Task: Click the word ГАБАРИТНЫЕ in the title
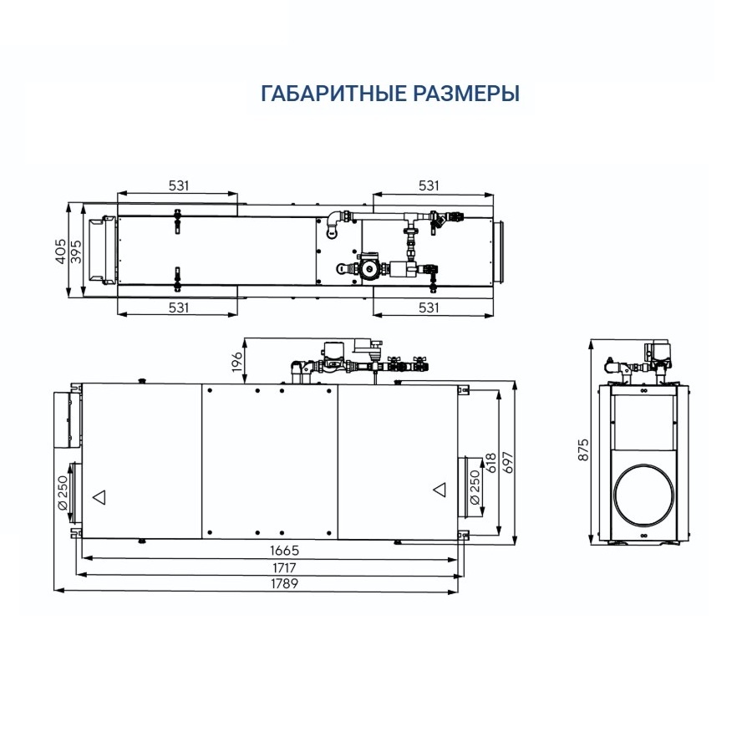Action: tap(334, 93)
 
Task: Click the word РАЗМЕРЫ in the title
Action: tap(466, 93)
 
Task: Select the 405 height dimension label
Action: tap(61, 251)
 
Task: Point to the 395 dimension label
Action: tap(76, 251)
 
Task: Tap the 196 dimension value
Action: tap(237, 361)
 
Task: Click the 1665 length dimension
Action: tap(284, 550)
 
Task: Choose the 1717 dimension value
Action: tap(284, 568)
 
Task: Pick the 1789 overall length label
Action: tap(284, 584)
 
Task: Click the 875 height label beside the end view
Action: tap(583, 450)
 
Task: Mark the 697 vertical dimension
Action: tap(508, 462)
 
